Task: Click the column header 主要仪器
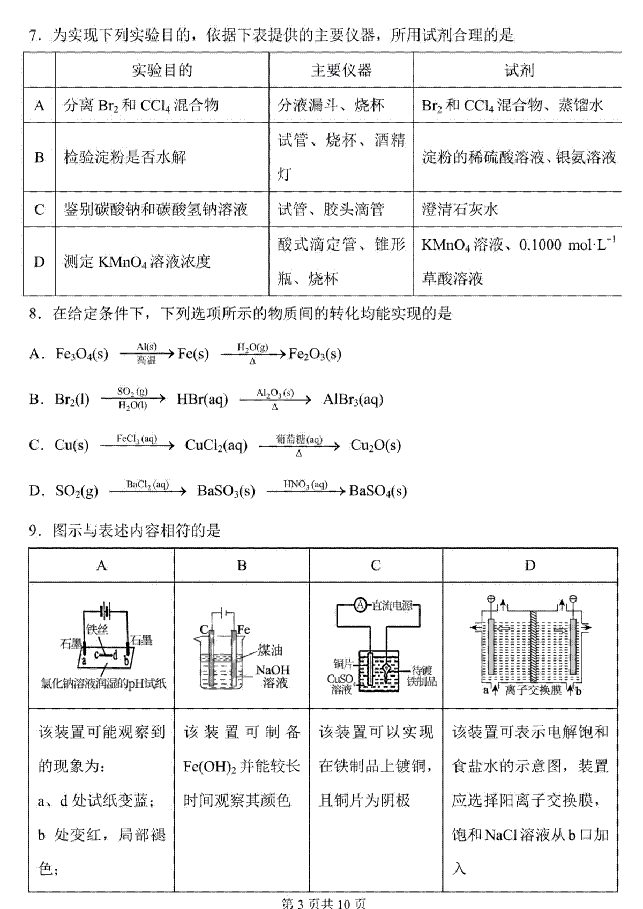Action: coord(341,70)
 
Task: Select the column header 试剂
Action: coord(519,70)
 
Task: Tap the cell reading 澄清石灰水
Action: coord(460,209)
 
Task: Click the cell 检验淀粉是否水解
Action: coord(125,157)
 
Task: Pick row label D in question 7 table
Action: coord(39,261)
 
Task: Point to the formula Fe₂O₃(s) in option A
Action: coord(315,354)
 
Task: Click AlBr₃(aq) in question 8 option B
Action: coord(353,400)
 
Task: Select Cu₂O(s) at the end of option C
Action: coord(376,446)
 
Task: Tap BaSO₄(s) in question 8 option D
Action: coord(378,491)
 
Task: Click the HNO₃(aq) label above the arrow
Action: coord(305,484)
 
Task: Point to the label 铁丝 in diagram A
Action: coord(97,629)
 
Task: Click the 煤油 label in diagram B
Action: coord(270,650)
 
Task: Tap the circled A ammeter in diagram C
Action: coord(361,605)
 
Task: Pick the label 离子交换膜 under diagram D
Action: coord(533,690)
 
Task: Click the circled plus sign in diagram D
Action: coord(490,598)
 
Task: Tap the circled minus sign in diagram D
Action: coord(573,598)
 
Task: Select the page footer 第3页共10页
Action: coord(324,903)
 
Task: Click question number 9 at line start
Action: coord(35,531)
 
